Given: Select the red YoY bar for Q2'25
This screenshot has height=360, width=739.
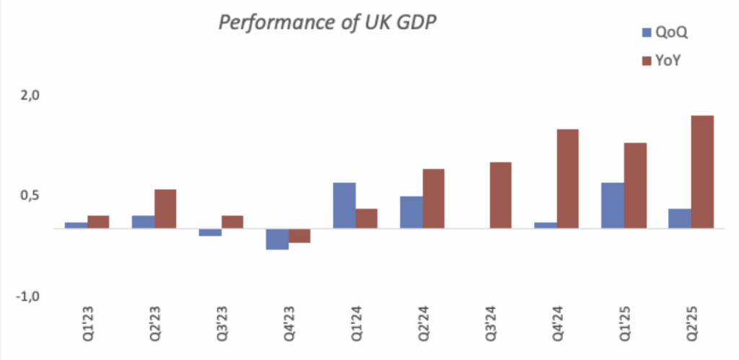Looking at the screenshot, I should pyautogui.click(x=702, y=172).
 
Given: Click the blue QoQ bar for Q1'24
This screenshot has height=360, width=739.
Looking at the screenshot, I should pyautogui.click(x=344, y=206).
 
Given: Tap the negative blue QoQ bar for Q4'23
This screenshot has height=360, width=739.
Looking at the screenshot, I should pyautogui.click(x=277, y=239).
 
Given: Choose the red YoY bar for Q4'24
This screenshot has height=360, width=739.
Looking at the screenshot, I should pyautogui.click(x=568, y=179).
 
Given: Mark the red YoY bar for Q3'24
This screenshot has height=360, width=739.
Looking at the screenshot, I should pyautogui.click(x=501, y=196).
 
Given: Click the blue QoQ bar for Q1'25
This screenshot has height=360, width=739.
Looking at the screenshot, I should pyautogui.click(x=612, y=206).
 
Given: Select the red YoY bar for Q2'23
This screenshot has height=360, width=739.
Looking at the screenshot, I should pyautogui.click(x=165, y=209).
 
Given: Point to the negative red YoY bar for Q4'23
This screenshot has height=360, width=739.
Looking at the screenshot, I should pyautogui.click(x=299, y=236).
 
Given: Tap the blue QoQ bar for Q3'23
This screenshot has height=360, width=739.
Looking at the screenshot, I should pyautogui.click(x=210, y=232).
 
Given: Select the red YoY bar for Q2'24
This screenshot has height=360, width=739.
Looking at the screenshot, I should pyautogui.click(x=434, y=199).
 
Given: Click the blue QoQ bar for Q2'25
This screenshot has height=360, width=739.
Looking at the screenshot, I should pyautogui.click(x=680, y=219).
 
